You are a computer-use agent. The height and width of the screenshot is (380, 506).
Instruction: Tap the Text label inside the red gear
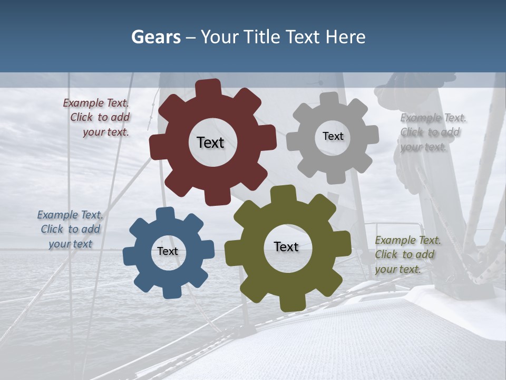pos(210,142)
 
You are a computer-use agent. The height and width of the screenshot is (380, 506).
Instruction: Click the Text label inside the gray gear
pos(333,136)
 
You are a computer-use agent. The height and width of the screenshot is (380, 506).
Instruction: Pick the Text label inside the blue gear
pos(168,251)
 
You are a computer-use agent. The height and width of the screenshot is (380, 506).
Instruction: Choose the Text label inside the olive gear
pos(286,246)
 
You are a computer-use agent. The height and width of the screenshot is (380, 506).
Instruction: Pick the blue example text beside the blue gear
pos(70,230)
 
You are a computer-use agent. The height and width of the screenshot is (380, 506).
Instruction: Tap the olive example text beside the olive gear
pos(407,255)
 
